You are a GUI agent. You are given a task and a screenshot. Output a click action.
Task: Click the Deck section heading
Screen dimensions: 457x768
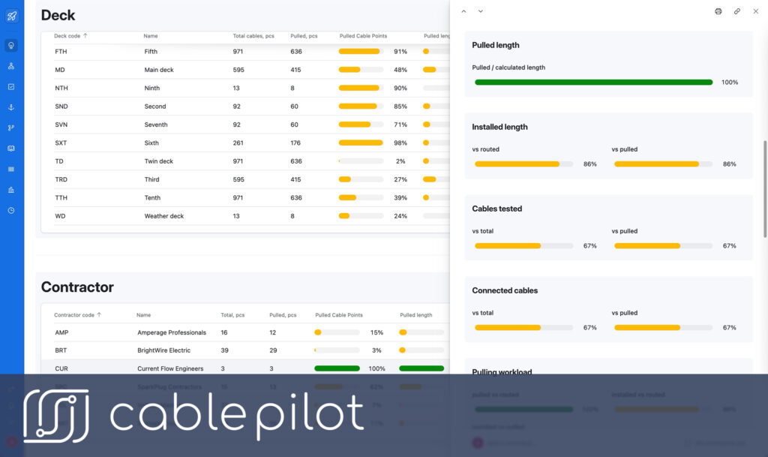click(58, 15)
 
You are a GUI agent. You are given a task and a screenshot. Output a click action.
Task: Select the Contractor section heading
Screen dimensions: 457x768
click(77, 287)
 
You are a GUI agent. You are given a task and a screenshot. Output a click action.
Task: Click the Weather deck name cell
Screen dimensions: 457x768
click(164, 216)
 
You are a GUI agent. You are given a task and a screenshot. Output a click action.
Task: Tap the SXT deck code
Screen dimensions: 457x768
click(61, 143)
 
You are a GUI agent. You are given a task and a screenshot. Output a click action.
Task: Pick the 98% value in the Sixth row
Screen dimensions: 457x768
click(400, 143)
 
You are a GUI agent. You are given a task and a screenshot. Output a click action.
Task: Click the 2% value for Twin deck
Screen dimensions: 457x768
click(400, 161)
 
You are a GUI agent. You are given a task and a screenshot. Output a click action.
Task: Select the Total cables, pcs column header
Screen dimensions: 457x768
click(254, 35)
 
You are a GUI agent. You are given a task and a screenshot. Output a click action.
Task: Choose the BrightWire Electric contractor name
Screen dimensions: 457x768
click(163, 350)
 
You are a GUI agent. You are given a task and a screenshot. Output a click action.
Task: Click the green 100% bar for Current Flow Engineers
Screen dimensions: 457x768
click(337, 368)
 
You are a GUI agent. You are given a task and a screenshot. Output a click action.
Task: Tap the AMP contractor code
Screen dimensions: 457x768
click(61, 332)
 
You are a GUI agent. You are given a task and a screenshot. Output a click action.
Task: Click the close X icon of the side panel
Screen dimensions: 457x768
click(755, 11)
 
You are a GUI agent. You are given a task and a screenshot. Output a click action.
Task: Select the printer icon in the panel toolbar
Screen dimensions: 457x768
click(718, 11)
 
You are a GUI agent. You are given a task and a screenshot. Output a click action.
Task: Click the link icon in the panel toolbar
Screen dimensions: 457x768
click(737, 11)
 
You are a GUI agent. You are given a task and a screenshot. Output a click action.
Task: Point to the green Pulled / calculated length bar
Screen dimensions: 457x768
click(593, 82)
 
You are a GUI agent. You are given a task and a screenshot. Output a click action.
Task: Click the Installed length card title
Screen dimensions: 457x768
click(499, 127)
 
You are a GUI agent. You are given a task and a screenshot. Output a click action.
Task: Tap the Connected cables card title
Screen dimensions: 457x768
click(505, 290)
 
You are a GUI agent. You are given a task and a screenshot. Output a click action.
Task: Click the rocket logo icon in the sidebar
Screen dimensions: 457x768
click(11, 15)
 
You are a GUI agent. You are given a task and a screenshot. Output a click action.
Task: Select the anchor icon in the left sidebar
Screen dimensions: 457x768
click(11, 107)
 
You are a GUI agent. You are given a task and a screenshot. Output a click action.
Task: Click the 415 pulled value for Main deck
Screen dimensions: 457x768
click(295, 70)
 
